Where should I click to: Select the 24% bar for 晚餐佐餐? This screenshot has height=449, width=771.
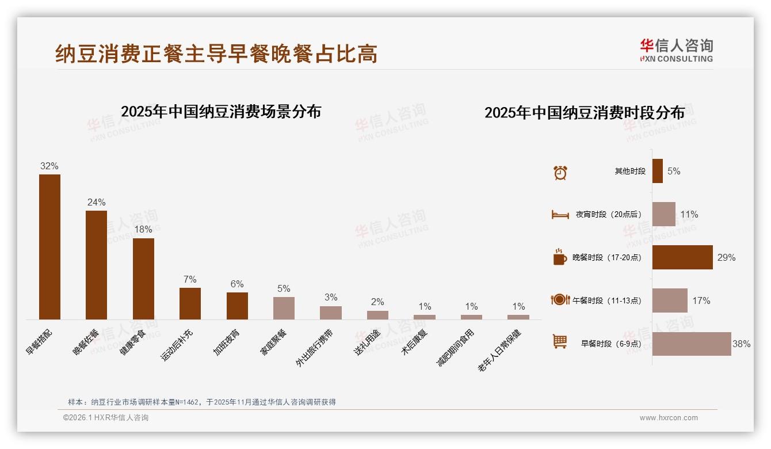point(96,265)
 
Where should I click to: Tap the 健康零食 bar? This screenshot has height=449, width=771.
point(143,279)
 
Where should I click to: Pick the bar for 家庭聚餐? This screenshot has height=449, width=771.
point(284,308)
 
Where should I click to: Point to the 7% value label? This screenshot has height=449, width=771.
point(190,280)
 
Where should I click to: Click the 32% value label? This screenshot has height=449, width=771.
point(49,166)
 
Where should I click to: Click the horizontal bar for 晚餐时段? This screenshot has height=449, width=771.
point(682,257)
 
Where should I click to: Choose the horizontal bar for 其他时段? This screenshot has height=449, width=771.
point(658,171)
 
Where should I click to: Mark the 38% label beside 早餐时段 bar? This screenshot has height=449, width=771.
point(741,344)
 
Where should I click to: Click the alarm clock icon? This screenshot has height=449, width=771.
point(560,172)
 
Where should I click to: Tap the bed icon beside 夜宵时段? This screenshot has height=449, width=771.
point(560,215)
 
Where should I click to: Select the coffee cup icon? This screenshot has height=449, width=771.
point(560,257)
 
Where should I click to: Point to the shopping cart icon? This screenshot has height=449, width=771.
point(560,341)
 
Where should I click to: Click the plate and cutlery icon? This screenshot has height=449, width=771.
point(560,300)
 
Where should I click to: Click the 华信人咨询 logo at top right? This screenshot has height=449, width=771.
point(676,50)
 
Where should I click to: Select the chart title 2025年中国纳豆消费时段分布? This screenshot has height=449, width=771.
point(585,113)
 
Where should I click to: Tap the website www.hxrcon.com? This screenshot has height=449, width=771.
point(669,418)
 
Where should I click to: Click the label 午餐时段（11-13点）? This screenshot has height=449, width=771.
point(606,300)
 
